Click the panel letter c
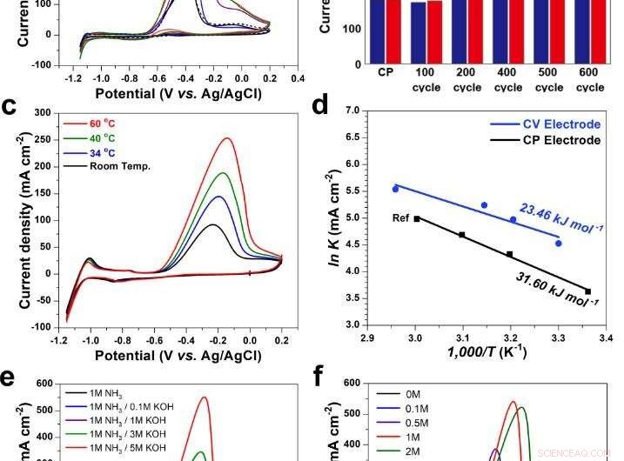point(10,108)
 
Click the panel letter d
point(320,108)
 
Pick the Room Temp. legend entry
point(121,165)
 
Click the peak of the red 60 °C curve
point(227,138)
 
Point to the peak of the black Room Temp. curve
point(211,224)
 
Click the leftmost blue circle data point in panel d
point(395,189)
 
